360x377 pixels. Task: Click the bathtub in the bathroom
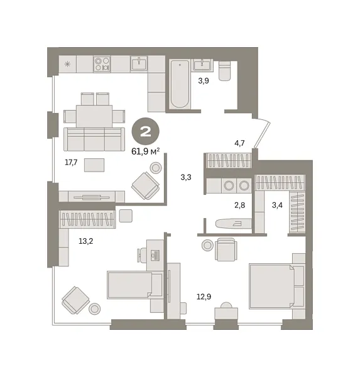pyautogui.click(x=180, y=84)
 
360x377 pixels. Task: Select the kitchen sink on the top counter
pyautogui.click(x=139, y=63)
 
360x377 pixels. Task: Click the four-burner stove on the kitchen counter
pyautogui.click(x=102, y=64)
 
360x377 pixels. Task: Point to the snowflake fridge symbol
pyautogui.click(x=68, y=64)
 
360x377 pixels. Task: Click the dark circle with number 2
pyautogui.click(x=146, y=131)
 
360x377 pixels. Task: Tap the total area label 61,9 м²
pyautogui.click(x=146, y=151)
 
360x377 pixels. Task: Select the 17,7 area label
pyautogui.click(x=71, y=163)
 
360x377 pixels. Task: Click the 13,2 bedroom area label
pyautogui.click(x=86, y=241)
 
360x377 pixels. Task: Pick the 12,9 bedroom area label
pyautogui.click(x=204, y=297)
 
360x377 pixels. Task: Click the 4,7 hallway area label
pyautogui.click(x=239, y=143)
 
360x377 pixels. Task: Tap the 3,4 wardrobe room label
pyautogui.click(x=277, y=205)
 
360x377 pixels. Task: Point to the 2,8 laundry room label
pyautogui.click(x=239, y=205)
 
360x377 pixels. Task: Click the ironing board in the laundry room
pyautogui.click(x=234, y=224)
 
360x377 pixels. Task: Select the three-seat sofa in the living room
pyautogui.click(x=94, y=139)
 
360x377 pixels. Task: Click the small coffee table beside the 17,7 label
pyautogui.click(x=94, y=165)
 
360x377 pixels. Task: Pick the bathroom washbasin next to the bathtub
pyautogui.click(x=202, y=64)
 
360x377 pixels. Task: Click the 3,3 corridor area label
pyautogui.click(x=186, y=177)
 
